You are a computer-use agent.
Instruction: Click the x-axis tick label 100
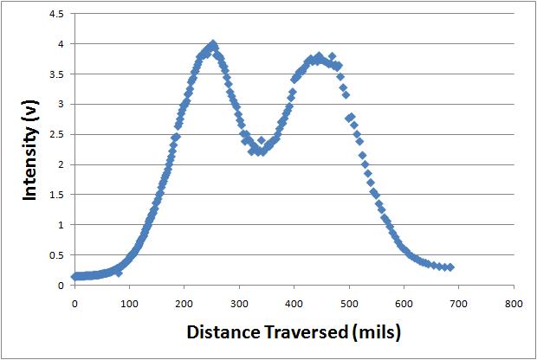[x=129, y=304]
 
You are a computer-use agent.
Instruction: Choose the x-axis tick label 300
[x=239, y=304]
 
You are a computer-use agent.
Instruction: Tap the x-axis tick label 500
[x=349, y=304]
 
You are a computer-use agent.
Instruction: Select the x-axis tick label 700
[x=459, y=304]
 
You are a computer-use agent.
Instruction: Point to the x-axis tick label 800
[x=514, y=304]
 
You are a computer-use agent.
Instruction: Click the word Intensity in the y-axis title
[x=29, y=169]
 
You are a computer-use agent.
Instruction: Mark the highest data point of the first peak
[x=212, y=44]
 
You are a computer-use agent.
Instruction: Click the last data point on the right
[x=450, y=267]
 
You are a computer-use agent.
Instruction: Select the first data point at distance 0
[x=74, y=277]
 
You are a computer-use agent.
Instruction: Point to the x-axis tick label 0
[x=74, y=304]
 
